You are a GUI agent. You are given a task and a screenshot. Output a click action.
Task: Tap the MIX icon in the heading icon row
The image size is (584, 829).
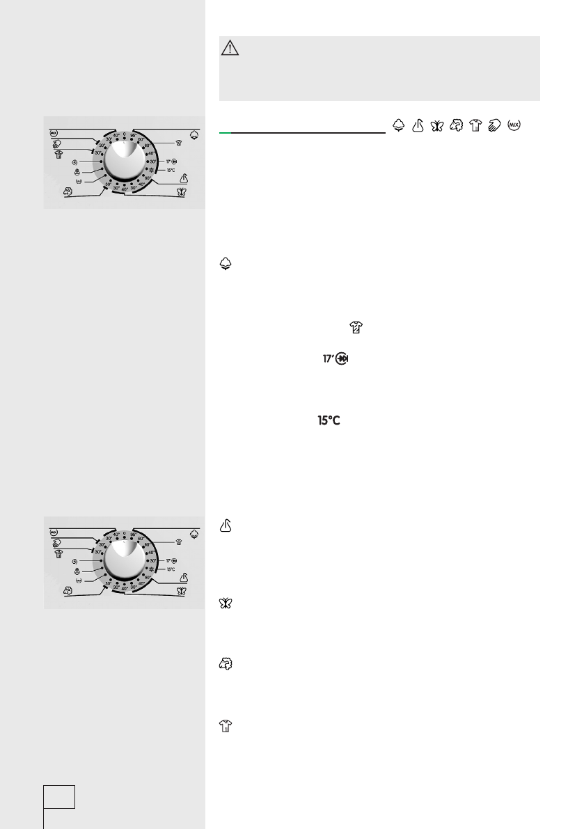coord(516,125)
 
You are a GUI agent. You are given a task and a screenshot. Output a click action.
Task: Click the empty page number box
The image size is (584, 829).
coord(59,796)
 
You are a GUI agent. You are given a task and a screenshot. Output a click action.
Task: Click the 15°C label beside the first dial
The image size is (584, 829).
coord(170,169)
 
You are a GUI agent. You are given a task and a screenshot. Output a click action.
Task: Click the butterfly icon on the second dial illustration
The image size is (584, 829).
coord(191,591)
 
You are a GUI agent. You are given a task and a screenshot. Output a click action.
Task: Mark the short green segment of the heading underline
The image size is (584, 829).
coord(226,131)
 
